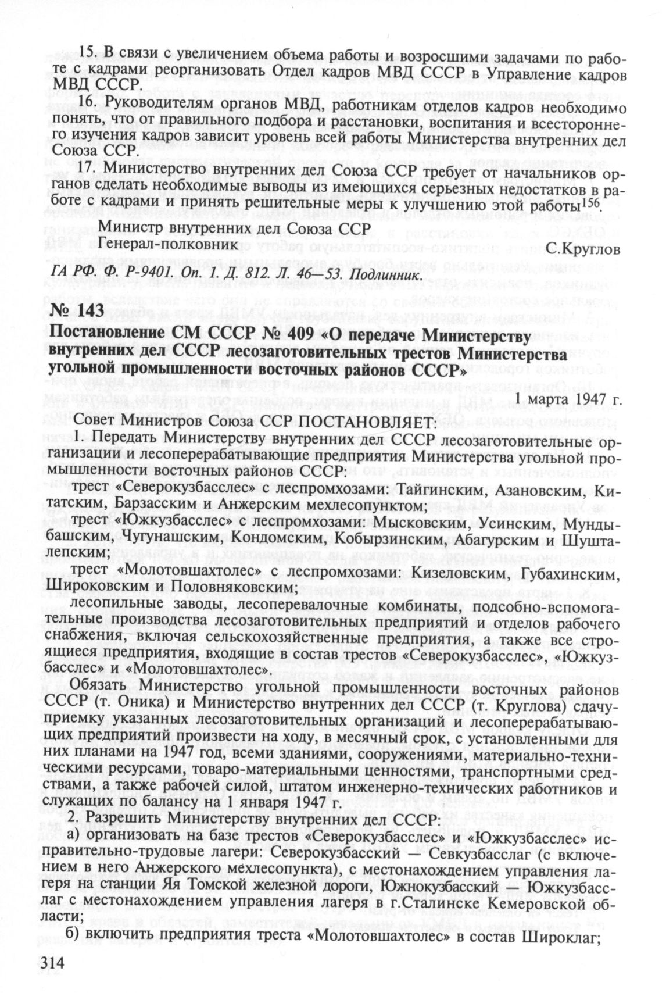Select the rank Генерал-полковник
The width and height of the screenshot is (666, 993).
point(168,245)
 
